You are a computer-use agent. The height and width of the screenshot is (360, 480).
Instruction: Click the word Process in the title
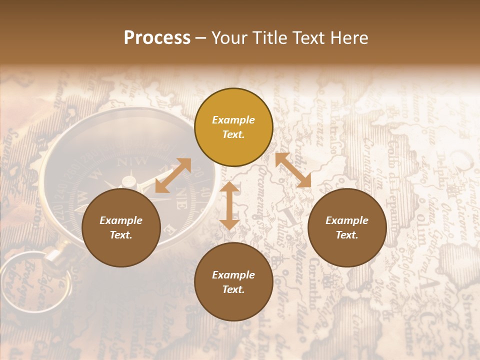(157, 37)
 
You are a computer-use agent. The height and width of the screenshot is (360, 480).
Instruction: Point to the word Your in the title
(228, 37)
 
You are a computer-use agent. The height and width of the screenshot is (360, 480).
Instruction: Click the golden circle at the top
(233, 127)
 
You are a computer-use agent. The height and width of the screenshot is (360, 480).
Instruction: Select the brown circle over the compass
(121, 227)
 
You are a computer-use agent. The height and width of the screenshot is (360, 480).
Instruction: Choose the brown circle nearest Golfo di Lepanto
(347, 227)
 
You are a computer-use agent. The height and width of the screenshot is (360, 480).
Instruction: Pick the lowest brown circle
(233, 282)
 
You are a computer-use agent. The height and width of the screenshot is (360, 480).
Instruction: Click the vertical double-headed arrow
(229, 206)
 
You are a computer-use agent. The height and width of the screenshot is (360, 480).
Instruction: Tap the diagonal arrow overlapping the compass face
(173, 175)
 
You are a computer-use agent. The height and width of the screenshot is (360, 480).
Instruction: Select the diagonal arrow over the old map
(293, 170)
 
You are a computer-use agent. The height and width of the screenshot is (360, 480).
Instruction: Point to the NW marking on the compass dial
(135, 161)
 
